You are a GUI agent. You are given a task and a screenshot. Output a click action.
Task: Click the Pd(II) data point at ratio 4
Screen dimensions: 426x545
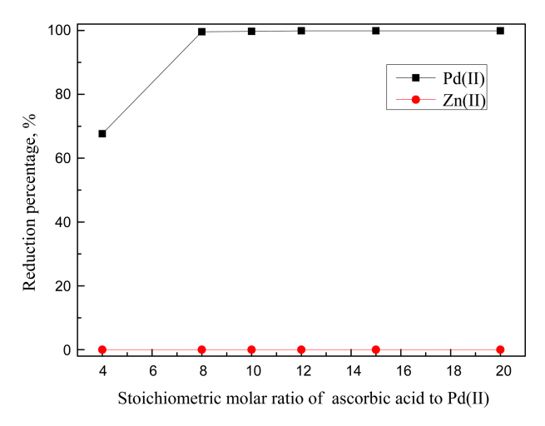coord(102,133)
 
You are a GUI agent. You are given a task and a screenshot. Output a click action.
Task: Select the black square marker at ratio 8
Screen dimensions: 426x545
coord(201,32)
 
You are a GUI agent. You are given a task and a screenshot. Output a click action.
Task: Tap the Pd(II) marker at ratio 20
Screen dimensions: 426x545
coord(500,31)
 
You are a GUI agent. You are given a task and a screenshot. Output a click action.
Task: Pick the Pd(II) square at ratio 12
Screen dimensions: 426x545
coord(301,31)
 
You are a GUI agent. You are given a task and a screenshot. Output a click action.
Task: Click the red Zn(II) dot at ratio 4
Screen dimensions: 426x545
coord(102,349)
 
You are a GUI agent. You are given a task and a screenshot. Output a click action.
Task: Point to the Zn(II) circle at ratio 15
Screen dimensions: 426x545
coord(376,349)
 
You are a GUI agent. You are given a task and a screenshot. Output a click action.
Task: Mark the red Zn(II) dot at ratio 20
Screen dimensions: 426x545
coord(500,349)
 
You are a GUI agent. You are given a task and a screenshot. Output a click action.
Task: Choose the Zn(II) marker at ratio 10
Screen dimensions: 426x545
coord(251,349)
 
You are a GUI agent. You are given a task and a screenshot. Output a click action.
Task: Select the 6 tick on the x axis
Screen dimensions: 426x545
coord(152,370)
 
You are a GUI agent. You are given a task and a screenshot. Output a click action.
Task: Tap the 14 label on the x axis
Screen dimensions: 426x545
coord(351,370)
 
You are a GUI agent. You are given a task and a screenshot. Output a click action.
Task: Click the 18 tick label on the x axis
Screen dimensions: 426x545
coord(450,370)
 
